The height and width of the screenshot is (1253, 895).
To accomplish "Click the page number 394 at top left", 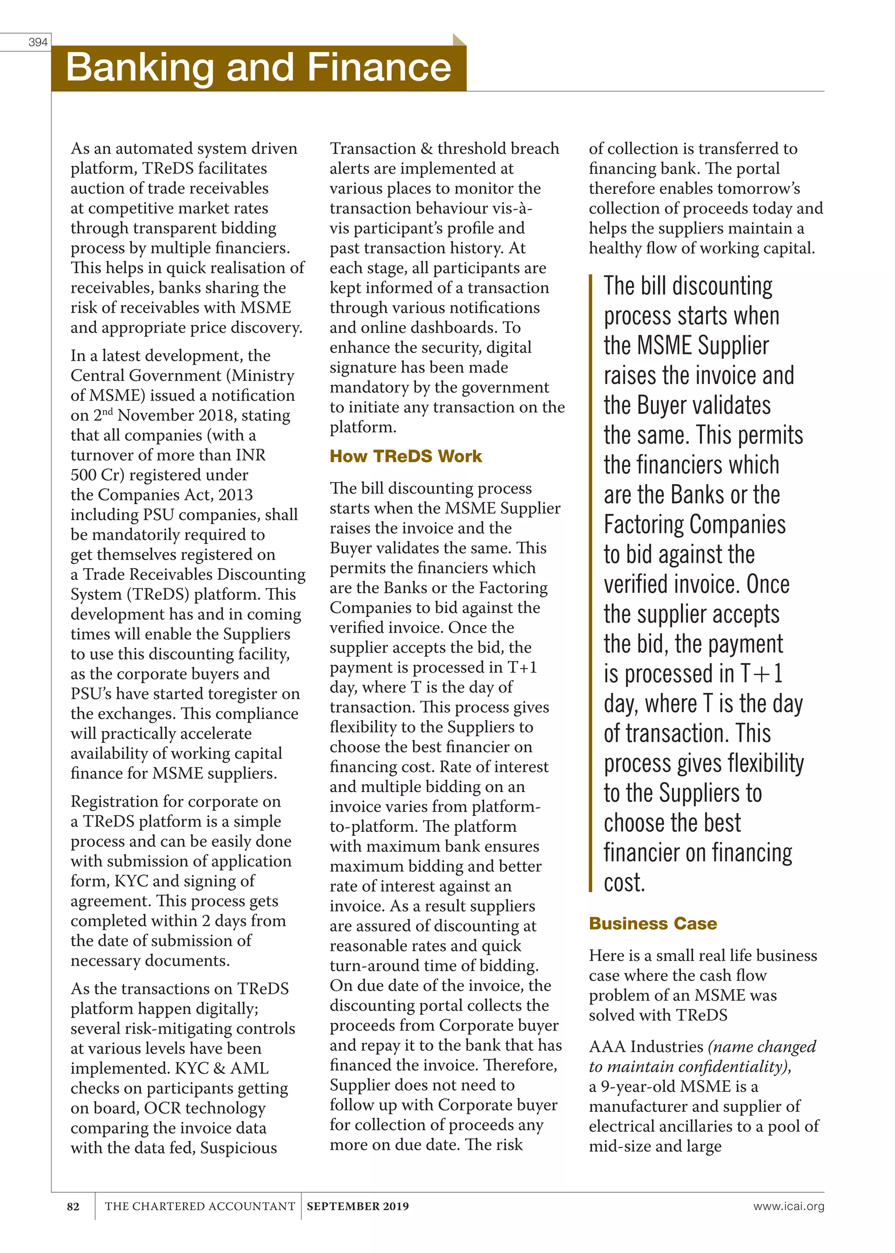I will point(38,42).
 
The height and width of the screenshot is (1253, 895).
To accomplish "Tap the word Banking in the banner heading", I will point(139,68).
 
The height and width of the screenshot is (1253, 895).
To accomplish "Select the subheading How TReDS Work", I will point(406,456).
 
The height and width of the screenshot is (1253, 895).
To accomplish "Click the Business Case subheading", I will point(652,924).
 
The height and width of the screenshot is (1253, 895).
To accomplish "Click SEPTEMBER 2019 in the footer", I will point(357,1206).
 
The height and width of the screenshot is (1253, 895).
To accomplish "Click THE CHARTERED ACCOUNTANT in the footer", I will point(200,1206).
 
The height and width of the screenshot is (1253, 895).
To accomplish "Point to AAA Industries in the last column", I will point(646,1046).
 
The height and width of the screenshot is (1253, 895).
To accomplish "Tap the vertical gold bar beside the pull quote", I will point(590,582).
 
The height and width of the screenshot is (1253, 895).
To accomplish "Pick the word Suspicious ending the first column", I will point(238,1148).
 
